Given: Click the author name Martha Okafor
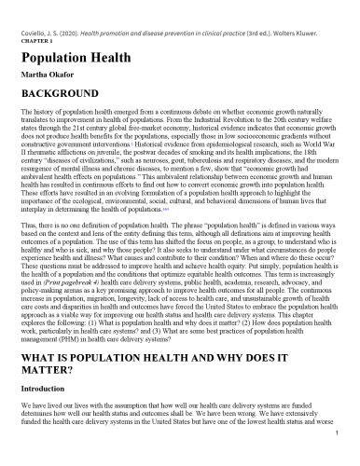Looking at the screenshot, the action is [43, 75].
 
